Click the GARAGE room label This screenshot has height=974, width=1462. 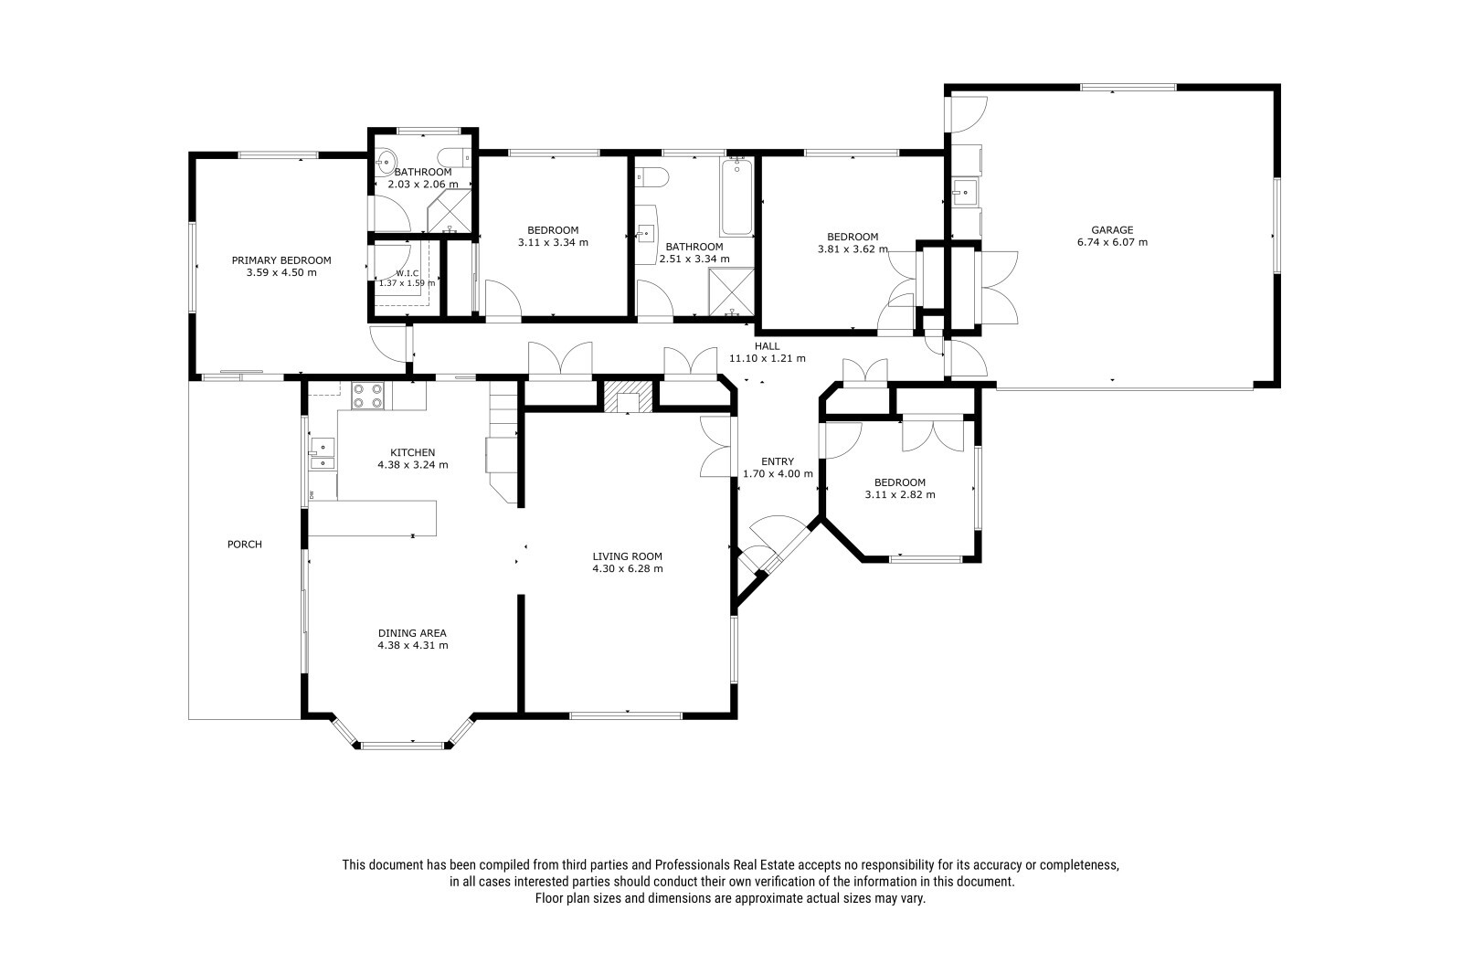click(x=1112, y=229)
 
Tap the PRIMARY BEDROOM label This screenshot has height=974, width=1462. click(x=281, y=260)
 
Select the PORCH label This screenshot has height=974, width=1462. click(x=245, y=545)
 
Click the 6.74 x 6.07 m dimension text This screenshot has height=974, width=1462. click(x=1112, y=242)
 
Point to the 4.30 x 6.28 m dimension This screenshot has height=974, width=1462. click(x=627, y=568)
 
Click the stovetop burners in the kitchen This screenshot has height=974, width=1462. click(x=367, y=396)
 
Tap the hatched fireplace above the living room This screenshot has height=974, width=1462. click(x=628, y=397)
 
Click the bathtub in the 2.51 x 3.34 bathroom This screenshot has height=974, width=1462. click(x=736, y=196)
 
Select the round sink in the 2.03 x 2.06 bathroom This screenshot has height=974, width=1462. click(x=386, y=159)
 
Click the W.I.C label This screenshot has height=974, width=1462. click(x=407, y=273)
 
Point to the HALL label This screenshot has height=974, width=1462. click(x=767, y=346)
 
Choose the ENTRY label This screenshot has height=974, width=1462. click(x=778, y=461)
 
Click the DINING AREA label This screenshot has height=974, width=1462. click(x=412, y=633)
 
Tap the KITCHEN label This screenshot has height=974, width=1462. click(x=412, y=452)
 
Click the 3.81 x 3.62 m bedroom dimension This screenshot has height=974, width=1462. click(x=853, y=249)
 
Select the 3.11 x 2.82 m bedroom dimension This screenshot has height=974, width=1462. click(x=900, y=495)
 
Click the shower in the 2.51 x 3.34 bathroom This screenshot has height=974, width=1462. click(x=732, y=291)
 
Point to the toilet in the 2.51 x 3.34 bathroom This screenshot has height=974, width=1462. click(x=652, y=177)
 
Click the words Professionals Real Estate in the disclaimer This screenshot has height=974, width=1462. click(x=725, y=865)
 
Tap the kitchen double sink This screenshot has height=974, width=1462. click(x=323, y=454)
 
